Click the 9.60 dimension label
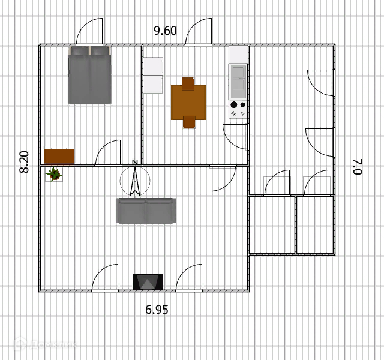coord(165,31)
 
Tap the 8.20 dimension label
coord(24,162)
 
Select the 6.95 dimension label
coord(157,310)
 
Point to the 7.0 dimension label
coord(358,166)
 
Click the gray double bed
coord(90,75)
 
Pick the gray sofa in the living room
coord(146,211)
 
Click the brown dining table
coord(188,103)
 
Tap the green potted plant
coord(54,175)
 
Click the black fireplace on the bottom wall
coord(148,282)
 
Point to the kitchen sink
coord(238,81)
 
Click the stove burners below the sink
coord(238,109)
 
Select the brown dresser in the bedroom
coord(59,156)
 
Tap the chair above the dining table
coord(188,83)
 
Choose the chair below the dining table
coord(189,122)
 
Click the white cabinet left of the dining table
coord(152,75)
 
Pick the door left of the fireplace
coord(106,278)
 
